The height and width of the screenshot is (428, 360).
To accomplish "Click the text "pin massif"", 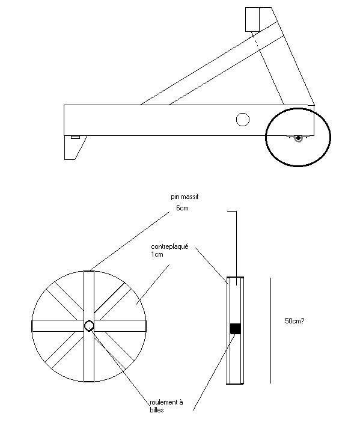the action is click(185, 197).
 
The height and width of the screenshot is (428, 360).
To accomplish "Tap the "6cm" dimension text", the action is click(182, 208).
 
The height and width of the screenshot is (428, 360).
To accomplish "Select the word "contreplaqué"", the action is click(169, 246).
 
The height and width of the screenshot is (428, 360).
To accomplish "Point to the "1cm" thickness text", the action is click(157, 254).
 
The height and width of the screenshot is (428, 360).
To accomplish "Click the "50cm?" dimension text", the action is click(294, 321).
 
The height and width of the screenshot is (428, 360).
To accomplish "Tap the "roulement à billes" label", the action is click(166, 406).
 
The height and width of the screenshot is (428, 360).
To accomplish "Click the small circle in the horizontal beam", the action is click(243, 120).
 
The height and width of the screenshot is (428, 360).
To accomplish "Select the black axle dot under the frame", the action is click(298, 138).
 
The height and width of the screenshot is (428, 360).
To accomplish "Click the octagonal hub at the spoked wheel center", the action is click(89, 326).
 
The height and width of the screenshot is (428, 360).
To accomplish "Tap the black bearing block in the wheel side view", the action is click(235, 329).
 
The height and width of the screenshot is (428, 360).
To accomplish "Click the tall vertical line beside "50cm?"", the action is click(270, 331).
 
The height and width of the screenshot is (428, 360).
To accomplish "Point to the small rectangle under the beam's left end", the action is click(75, 137).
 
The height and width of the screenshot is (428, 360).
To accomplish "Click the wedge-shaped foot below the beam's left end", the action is click(73, 147).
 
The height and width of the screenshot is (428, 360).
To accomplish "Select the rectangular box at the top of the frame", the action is click(252, 19).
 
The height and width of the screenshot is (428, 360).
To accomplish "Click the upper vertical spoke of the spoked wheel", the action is click(89, 296).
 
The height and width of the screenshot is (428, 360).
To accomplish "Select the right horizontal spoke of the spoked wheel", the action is click(120, 326).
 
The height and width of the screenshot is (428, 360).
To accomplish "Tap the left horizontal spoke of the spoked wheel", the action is click(58, 326).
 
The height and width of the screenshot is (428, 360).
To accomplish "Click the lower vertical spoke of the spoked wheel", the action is click(89, 356).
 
